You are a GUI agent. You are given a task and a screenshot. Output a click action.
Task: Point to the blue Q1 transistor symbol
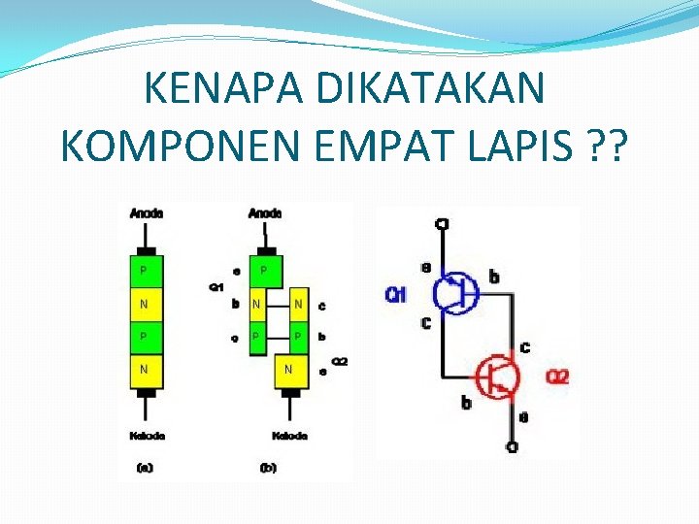453,290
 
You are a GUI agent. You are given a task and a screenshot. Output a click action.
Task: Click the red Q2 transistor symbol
499,376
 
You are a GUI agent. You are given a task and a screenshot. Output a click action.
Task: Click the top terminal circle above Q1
442,225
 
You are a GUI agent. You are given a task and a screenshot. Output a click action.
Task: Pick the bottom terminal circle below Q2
513,447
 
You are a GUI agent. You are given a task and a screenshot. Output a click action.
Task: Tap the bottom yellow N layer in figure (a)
147,370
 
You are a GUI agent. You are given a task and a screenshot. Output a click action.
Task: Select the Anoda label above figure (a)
147,213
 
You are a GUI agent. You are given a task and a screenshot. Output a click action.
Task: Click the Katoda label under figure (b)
288,436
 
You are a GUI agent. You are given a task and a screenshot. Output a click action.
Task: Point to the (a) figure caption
146,468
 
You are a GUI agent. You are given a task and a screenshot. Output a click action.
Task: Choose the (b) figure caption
268,468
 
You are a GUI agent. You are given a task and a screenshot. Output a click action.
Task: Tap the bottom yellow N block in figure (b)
289,370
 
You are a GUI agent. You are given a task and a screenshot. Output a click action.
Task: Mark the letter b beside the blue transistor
494,278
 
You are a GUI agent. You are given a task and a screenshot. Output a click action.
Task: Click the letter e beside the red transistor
525,418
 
